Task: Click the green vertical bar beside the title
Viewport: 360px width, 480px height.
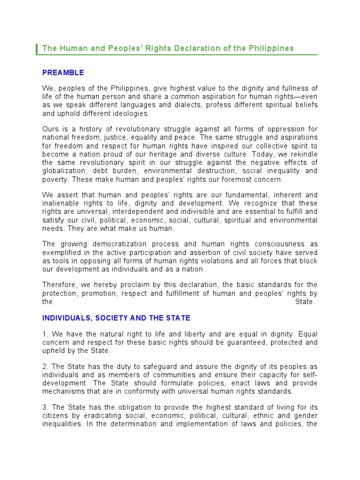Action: pyautogui.click(x=37, y=49)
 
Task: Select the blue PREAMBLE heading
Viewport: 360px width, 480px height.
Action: pyautogui.click(x=63, y=73)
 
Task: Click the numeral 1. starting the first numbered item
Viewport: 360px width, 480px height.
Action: pyautogui.click(x=45, y=334)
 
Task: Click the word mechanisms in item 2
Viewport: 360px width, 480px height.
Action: pyautogui.click(x=62, y=391)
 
